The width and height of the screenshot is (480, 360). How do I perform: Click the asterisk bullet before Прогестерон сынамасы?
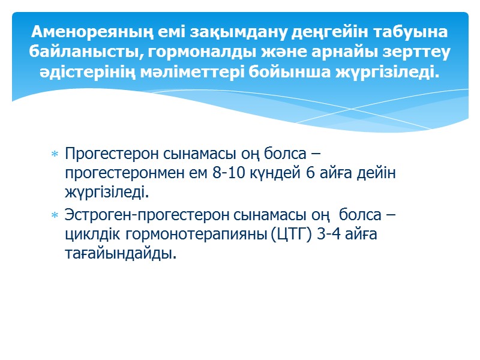(55, 155)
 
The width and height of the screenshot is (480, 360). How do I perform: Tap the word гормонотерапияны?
(191, 233)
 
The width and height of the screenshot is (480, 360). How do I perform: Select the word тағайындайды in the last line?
(120, 254)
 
